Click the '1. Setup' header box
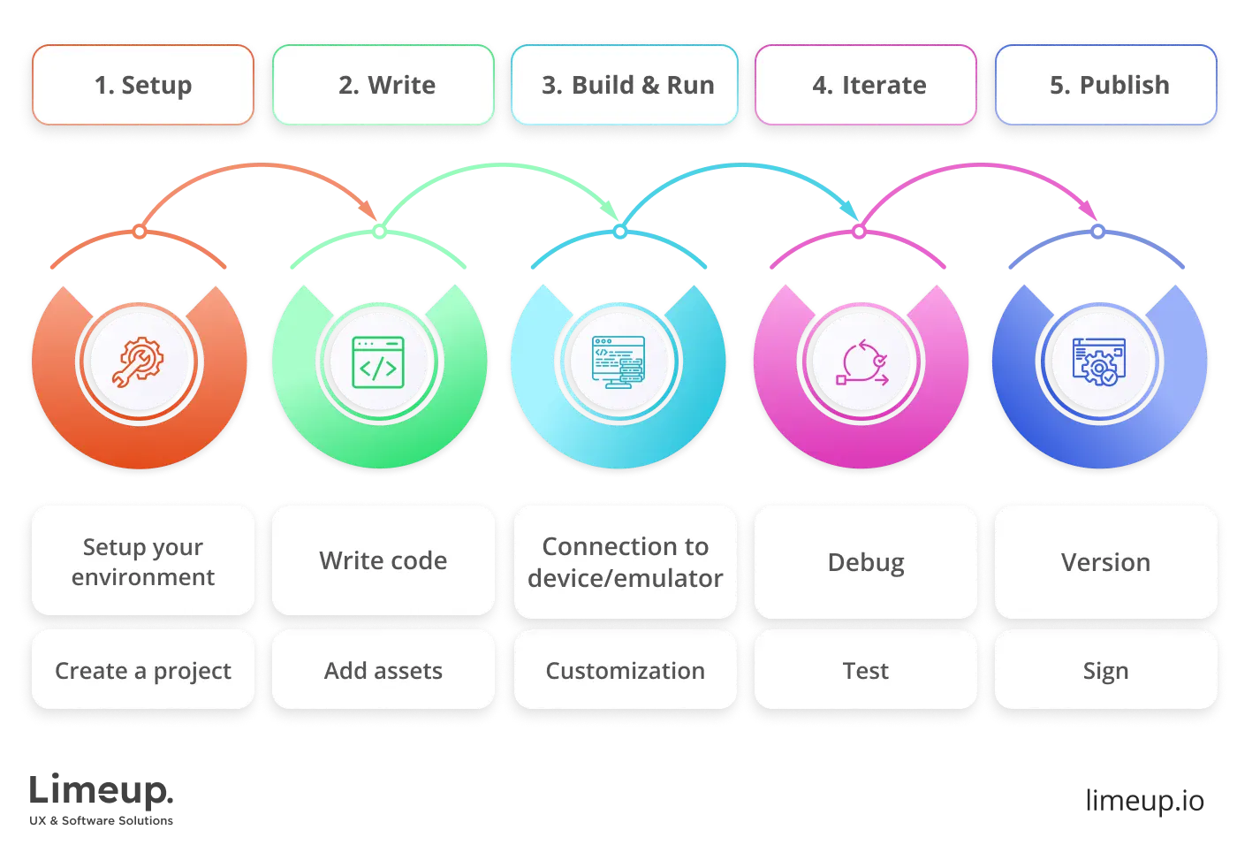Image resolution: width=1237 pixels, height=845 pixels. pyautogui.click(x=143, y=85)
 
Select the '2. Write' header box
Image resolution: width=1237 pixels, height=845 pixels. pyautogui.click(x=383, y=85)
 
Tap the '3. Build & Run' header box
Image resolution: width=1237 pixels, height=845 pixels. pyautogui.click(x=626, y=85)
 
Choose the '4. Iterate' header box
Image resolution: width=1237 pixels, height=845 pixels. pyautogui.click(x=866, y=85)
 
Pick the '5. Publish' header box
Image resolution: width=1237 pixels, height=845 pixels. pyautogui.click(x=1106, y=85)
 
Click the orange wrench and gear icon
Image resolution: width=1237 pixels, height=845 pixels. pyautogui.click(x=139, y=362)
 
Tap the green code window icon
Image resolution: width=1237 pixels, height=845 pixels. pyautogui.click(x=378, y=362)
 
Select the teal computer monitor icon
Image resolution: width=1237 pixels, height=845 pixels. pyautogui.click(x=618, y=362)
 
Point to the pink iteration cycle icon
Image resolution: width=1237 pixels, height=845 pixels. pyautogui.click(x=861, y=362)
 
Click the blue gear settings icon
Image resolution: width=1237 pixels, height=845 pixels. pyautogui.click(x=1099, y=362)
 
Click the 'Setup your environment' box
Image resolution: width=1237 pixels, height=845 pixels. pyautogui.click(x=143, y=561)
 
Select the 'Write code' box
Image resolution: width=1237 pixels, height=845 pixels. pyautogui.click(x=383, y=561)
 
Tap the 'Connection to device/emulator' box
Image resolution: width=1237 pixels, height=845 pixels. pyautogui.click(x=626, y=561)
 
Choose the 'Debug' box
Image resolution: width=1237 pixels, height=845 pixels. pyautogui.click(x=866, y=561)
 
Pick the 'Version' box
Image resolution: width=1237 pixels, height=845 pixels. pyautogui.click(x=1106, y=561)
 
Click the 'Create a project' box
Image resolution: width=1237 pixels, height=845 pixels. pyautogui.click(x=143, y=670)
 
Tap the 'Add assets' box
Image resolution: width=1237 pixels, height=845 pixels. pyautogui.click(x=383, y=670)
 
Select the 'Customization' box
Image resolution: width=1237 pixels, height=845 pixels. pyautogui.click(x=626, y=670)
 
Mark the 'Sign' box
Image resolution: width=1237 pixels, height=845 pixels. pyautogui.click(x=1106, y=670)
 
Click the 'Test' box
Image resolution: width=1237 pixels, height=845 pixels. pyautogui.click(x=866, y=670)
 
